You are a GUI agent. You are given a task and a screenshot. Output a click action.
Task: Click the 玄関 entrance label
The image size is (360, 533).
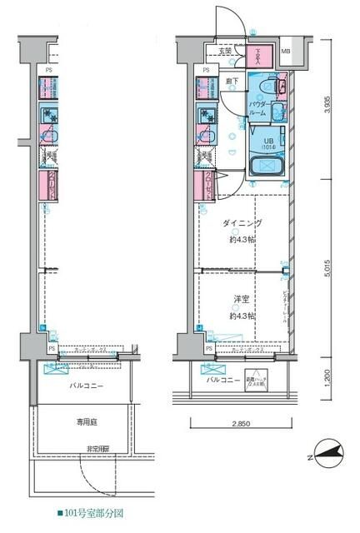tap(225, 52)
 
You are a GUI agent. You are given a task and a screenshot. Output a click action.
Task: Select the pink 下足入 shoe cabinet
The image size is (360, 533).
tap(258, 56)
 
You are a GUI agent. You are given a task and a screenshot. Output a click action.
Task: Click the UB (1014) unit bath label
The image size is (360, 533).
tap(269, 142)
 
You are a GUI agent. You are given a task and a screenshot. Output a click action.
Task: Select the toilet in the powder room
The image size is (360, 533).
tap(267, 87)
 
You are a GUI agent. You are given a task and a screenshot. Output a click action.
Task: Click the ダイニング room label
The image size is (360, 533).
tap(242, 223)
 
